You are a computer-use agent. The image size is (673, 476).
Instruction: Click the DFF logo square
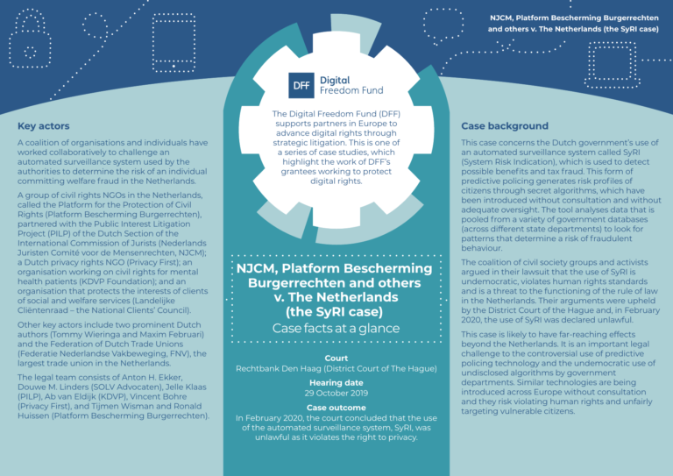click(302, 84)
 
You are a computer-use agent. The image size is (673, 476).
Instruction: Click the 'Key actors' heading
click(44, 126)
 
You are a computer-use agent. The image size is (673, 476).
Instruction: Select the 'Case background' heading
click(505, 126)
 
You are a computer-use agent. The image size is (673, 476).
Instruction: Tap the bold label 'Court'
click(336, 359)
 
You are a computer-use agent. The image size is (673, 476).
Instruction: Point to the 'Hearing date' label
click(336, 384)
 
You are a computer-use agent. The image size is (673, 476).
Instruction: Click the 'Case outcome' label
click(336, 409)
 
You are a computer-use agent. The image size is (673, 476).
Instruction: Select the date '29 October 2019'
click(336, 394)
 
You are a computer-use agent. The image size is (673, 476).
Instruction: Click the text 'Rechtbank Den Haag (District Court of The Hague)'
click(336, 369)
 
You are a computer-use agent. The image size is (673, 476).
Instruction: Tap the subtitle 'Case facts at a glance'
click(336, 329)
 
